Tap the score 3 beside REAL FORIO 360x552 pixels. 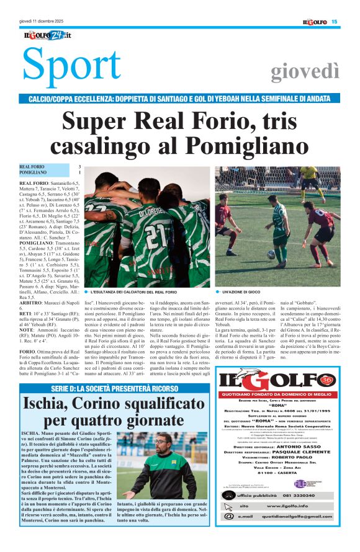point(79,167)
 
